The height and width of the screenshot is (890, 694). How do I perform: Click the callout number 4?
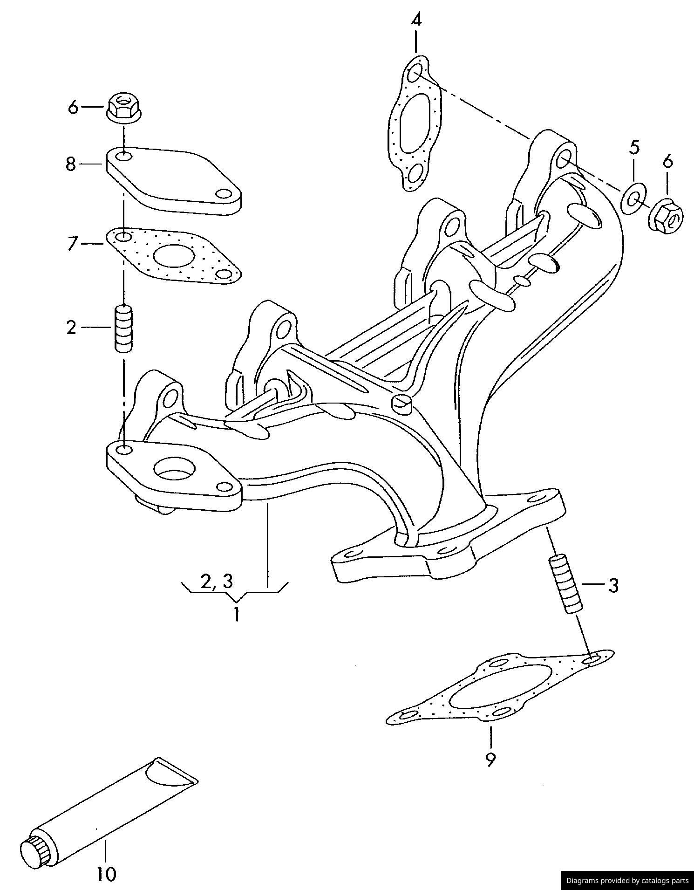point(416,21)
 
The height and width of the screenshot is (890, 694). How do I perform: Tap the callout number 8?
point(70,164)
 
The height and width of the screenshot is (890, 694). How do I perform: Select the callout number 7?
point(71,244)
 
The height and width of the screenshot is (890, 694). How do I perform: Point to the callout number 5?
point(634,147)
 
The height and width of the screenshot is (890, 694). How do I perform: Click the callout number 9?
point(490,760)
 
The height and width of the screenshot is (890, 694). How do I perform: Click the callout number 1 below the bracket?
point(237,614)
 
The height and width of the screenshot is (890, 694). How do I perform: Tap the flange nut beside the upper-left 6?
point(124,108)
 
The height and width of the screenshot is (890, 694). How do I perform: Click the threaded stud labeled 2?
point(123,328)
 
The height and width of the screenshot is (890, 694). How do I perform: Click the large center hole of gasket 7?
point(174,256)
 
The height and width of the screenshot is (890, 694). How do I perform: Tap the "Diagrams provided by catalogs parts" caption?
point(627,880)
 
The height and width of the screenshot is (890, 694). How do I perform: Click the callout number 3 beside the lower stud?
point(613,585)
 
